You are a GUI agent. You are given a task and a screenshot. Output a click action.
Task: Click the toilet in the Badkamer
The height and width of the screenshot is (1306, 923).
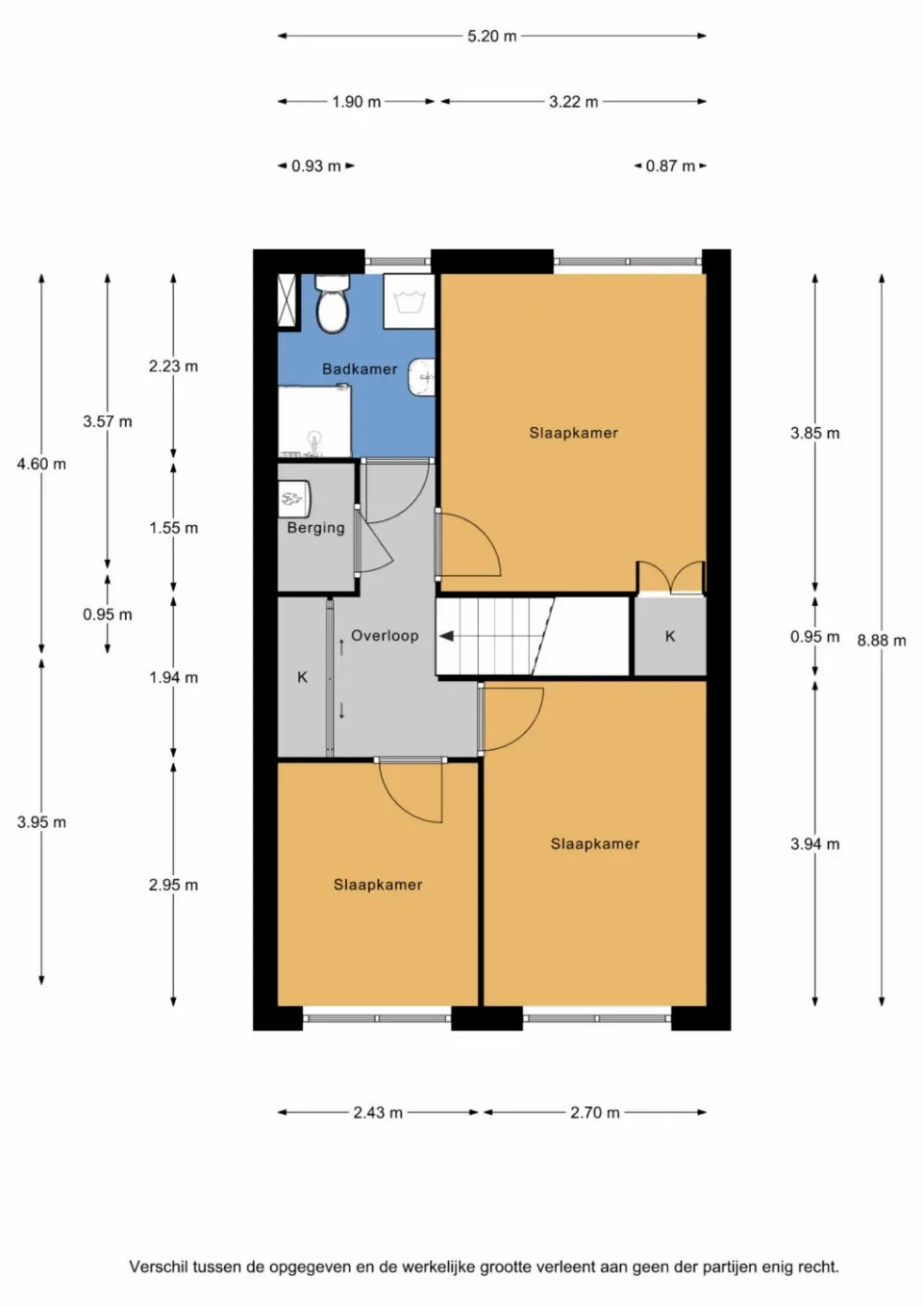pos(333,304)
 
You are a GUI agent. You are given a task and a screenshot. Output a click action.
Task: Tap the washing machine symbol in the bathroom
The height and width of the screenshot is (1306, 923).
pos(410,301)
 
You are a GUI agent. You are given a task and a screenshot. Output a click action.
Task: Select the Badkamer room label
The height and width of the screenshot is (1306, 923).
pos(360,369)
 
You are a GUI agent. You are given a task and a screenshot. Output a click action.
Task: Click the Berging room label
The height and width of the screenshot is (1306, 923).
pos(315,528)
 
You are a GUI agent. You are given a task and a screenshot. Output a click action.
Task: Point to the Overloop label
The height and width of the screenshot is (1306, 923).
pos(385,636)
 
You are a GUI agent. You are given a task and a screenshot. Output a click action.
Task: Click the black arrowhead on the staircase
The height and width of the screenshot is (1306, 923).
pos(446,636)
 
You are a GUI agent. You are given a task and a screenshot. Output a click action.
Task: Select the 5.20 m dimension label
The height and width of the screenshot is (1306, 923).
pos(492,37)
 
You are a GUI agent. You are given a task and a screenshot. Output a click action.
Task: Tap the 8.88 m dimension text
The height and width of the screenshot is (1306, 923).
pos(882,640)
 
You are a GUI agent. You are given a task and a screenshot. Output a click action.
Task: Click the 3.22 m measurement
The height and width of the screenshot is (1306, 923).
pos(574,102)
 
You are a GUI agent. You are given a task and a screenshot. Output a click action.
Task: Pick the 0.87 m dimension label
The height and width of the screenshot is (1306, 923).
pos(670,166)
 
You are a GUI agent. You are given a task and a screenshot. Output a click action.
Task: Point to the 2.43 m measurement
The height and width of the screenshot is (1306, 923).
pos(378,1113)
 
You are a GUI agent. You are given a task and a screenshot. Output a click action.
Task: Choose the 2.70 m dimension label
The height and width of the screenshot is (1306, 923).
pos(595,1113)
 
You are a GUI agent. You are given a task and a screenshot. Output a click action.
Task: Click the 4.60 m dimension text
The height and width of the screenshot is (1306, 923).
pos(41,465)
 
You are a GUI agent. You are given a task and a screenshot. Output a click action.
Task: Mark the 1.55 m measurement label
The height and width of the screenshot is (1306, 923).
pos(173,528)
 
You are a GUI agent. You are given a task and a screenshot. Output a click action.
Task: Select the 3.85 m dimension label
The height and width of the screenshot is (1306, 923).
pos(815,434)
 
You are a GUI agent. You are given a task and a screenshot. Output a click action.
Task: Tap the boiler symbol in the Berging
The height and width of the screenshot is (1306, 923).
pos(293,498)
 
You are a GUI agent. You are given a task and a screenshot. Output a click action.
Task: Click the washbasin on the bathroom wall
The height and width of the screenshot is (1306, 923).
pos(422,378)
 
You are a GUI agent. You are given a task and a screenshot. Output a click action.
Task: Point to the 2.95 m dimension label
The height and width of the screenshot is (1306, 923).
pos(173,886)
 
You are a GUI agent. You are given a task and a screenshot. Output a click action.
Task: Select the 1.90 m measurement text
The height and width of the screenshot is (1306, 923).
pos(357,102)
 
